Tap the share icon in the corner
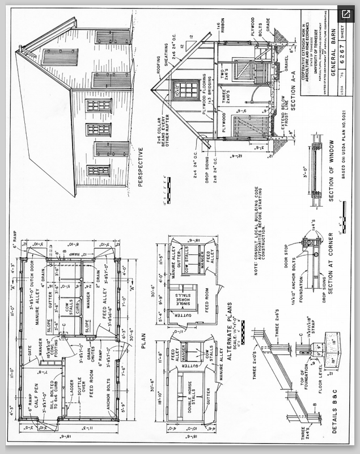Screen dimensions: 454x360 (x=347, y=12)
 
